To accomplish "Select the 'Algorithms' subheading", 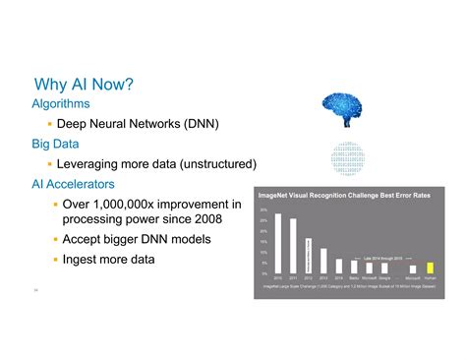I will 61,102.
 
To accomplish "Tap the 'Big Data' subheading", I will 55,143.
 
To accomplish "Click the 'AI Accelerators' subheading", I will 74,184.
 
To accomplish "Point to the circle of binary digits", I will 349,158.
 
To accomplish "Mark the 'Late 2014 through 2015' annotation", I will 384,257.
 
